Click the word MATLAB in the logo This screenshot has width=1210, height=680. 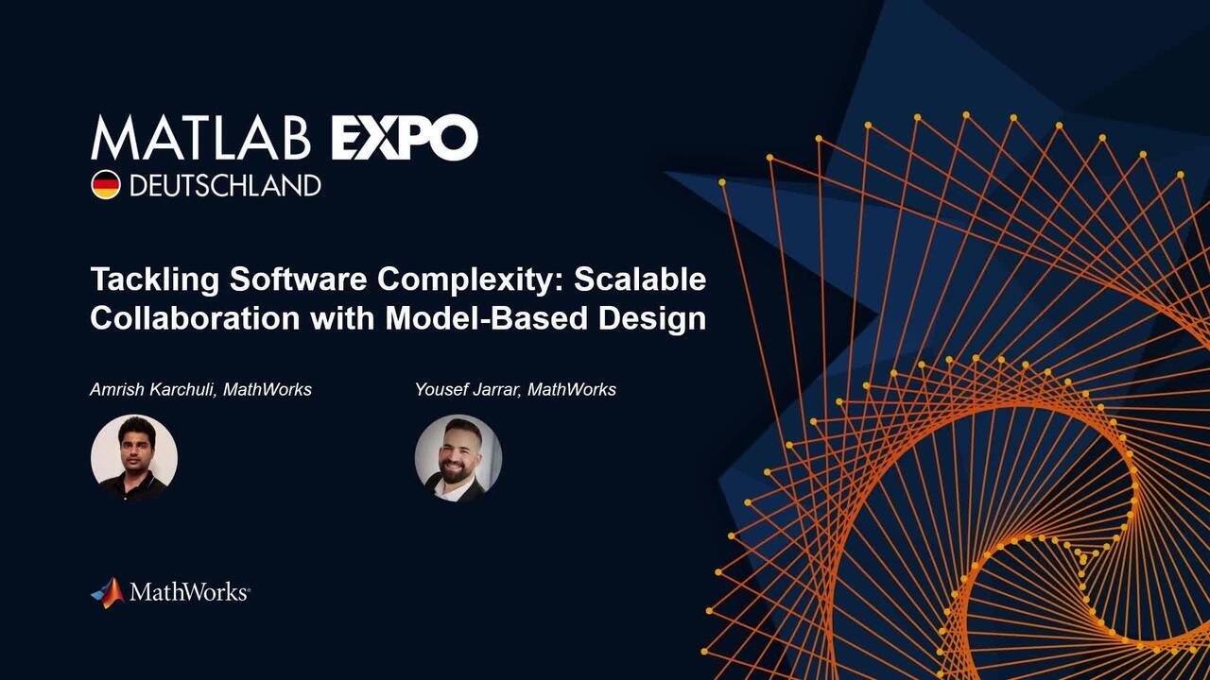pyautogui.click(x=200, y=138)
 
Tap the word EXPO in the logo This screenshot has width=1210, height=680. pyautogui.click(x=404, y=138)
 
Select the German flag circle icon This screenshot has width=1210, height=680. pyautogui.click(x=105, y=184)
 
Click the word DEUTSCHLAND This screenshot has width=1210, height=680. pyautogui.click(x=224, y=185)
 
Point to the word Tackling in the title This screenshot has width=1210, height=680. pyautogui.click(x=156, y=280)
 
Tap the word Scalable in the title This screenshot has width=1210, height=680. pyautogui.click(x=640, y=280)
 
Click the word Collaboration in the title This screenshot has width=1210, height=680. pyautogui.click(x=195, y=318)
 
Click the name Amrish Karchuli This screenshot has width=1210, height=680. pyautogui.click(x=153, y=389)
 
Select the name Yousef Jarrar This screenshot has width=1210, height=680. pyautogui.click(x=468, y=389)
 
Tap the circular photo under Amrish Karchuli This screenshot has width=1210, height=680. pyautogui.click(x=134, y=458)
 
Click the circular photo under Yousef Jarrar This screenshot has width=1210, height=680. pyautogui.click(x=458, y=458)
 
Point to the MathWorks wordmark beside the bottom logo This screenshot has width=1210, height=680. pyautogui.click(x=189, y=593)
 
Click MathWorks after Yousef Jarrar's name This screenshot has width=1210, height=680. pyautogui.click(x=572, y=389)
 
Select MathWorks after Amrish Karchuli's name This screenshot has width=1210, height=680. pyautogui.click(x=268, y=389)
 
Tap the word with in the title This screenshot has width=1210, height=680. pyautogui.click(x=342, y=318)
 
